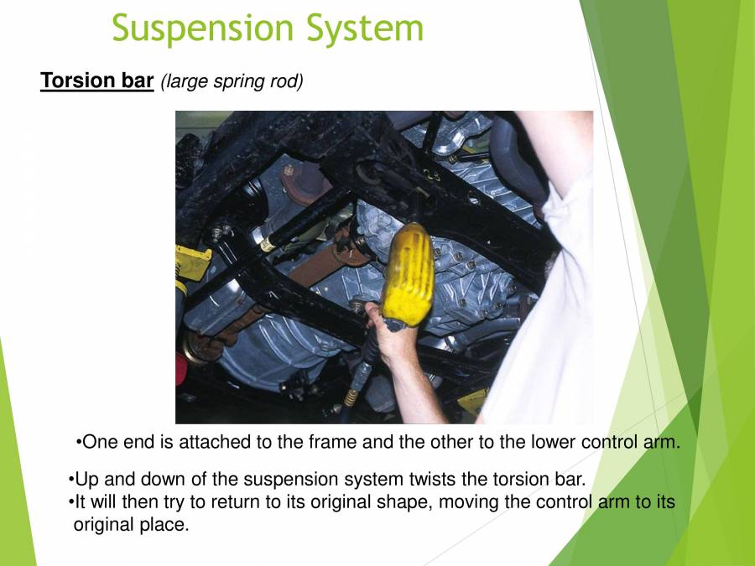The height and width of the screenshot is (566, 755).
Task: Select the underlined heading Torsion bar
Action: point(97,81)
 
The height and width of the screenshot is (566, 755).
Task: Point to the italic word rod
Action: point(286,82)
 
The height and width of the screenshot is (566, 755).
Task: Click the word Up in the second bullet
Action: point(86,480)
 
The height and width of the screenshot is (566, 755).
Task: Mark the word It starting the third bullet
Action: point(81,503)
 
